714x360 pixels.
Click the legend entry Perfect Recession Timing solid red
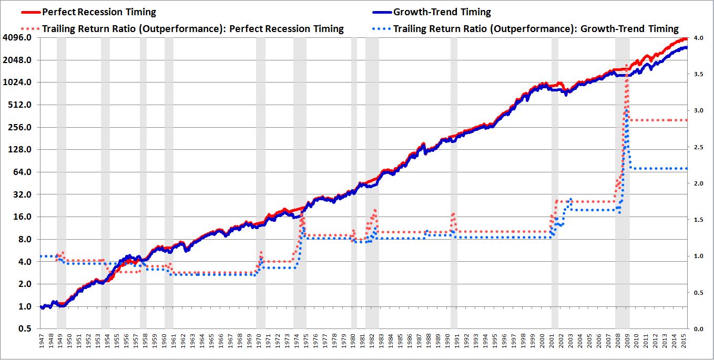(x=99, y=12)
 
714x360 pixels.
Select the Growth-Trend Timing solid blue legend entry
(x=442, y=12)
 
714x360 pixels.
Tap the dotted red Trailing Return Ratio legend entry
(x=192, y=28)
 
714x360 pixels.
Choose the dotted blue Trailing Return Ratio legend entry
(x=536, y=28)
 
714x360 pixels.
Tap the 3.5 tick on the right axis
(x=698, y=75)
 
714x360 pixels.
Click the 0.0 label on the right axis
(x=698, y=329)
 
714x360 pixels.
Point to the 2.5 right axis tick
(x=698, y=148)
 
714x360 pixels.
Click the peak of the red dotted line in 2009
(x=627, y=66)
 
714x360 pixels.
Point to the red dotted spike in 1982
(x=375, y=210)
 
